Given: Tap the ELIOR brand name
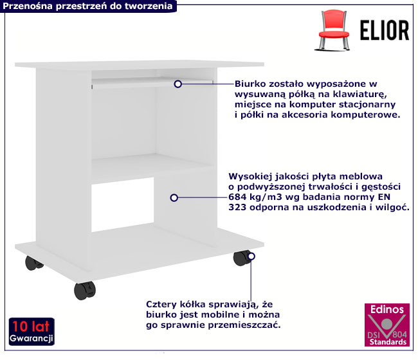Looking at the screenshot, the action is (x=385, y=30).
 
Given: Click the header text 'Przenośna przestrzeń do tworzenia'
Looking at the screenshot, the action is (x=87, y=6).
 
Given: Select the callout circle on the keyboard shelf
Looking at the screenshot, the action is (x=177, y=84).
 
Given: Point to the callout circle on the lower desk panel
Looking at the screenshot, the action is (x=174, y=198).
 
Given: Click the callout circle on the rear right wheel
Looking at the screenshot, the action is (x=251, y=256).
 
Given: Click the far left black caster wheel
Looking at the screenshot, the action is (x=33, y=263).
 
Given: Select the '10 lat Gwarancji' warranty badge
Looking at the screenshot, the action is (x=32, y=332).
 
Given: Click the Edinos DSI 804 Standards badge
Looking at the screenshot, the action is (x=386, y=325).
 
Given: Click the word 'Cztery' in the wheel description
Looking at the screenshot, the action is (x=161, y=305).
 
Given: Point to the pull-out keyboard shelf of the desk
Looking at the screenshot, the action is (x=152, y=82).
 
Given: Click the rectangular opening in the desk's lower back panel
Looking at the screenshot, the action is (x=123, y=204).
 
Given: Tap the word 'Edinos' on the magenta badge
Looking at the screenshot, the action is (x=387, y=309).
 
